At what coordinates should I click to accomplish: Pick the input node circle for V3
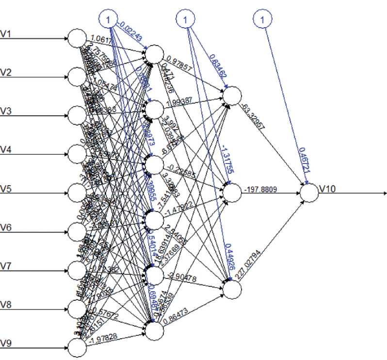point(76,115)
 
